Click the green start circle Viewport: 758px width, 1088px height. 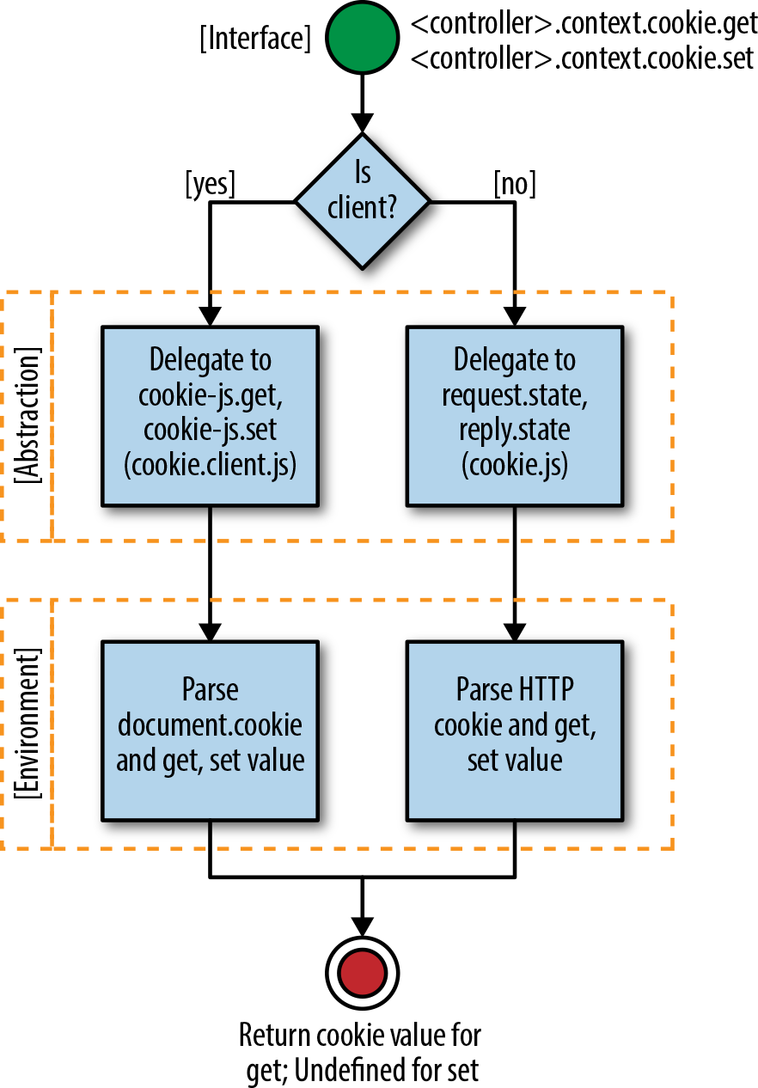[x=362, y=40]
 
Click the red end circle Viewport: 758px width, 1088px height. [x=362, y=974]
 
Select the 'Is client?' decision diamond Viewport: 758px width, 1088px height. [x=362, y=201]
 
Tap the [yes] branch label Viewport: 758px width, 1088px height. [x=210, y=184]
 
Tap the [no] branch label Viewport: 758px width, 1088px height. [x=515, y=184]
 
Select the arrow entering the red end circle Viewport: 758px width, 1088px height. [x=362, y=911]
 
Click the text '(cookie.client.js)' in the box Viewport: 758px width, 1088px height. [x=210, y=464]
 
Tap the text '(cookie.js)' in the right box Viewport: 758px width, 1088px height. [x=515, y=464]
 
